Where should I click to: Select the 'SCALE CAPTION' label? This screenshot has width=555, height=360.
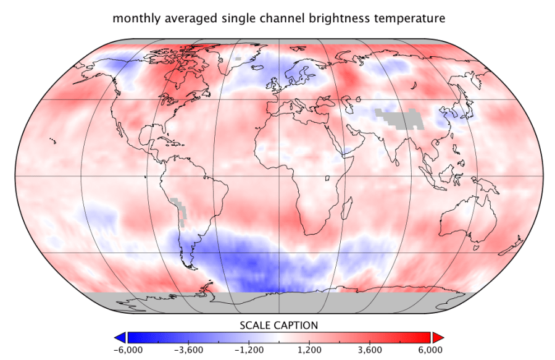tap(278, 325)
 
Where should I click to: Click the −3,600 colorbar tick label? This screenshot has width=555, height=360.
tap(188, 350)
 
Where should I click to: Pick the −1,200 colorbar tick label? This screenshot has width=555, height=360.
tap(249, 350)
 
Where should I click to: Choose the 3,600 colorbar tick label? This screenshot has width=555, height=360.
tap(369, 350)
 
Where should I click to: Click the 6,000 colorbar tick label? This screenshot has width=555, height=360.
tap(430, 350)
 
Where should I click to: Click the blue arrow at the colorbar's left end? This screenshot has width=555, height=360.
tap(120, 337)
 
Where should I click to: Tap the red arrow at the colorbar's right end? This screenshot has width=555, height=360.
tap(438, 337)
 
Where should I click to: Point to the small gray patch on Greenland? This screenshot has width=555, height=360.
tap(237, 59)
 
